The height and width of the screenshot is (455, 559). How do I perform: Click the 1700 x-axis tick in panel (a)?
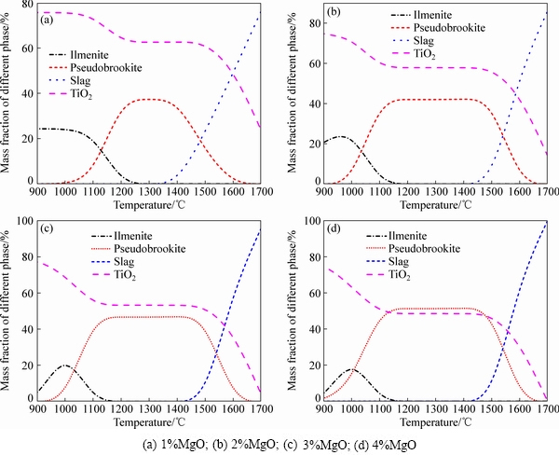pos(258,191)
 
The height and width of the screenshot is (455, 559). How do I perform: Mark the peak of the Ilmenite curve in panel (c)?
pos(65,365)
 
